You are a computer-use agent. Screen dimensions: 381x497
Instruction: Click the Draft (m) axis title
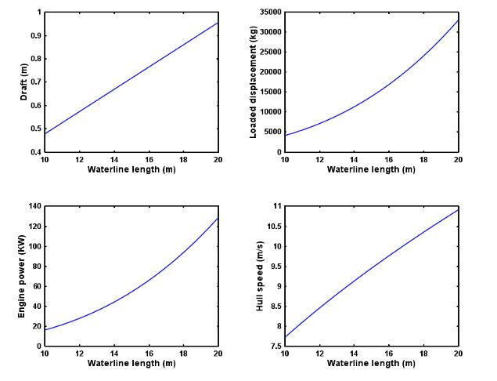[26, 82]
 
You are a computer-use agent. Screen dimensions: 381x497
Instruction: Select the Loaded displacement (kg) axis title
[254, 82]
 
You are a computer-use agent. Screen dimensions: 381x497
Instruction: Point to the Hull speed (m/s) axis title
[260, 276]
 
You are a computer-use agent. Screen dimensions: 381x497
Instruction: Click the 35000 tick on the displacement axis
[271, 13]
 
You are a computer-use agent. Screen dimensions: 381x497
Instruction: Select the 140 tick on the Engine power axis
[34, 206]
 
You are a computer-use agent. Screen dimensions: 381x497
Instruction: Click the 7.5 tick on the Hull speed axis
[274, 347]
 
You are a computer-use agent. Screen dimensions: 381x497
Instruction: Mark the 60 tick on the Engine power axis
[36, 286]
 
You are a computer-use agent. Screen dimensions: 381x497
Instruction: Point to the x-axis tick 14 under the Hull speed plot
[355, 354]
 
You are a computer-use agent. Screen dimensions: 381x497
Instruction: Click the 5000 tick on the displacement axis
[273, 132]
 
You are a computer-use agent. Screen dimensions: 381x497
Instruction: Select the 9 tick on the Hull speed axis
[277, 286]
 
